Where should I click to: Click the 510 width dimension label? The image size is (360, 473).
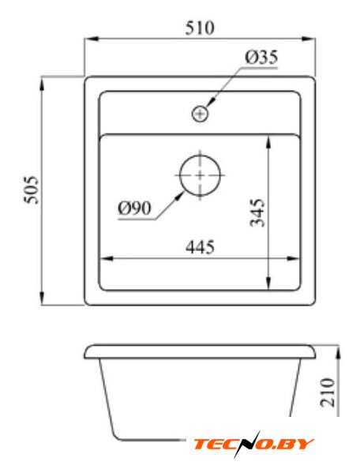pyautogui.click(x=200, y=28)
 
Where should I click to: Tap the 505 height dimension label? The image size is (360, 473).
pyautogui.click(x=32, y=190)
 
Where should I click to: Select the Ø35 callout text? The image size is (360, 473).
pyautogui.click(x=261, y=58)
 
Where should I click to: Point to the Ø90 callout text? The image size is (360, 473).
pyautogui.click(x=134, y=208)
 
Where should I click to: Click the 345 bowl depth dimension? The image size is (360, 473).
pyautogui.click(x=257, y=212)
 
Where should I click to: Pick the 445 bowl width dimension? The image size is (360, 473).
pyautogui.click(x=201, y=247)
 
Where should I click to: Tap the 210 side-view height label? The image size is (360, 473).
pyautogui.click(x=328, y=392)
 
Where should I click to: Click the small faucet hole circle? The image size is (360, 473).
pyautogui.click(x=200, y=114)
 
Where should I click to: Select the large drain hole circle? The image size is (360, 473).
pyautogui.click(x=200, y=175)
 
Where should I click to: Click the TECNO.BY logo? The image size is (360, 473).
pyautogui.click(x=253, y=445)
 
